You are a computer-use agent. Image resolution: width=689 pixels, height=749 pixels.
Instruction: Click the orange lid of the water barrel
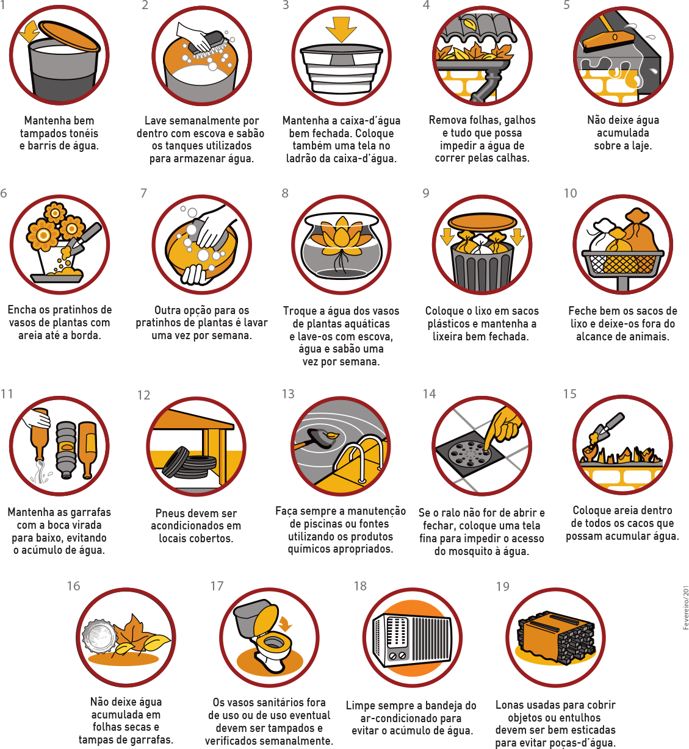[x=69, y=35]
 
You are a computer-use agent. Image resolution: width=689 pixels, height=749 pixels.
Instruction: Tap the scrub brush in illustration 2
[x=210, y=44]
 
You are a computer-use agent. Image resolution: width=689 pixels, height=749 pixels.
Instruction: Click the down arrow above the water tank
[x=341, y=29]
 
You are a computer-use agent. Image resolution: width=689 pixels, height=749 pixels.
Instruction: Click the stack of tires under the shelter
[x=189, y=463]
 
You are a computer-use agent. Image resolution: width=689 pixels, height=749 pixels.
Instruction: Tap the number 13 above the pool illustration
[x=288, y=394]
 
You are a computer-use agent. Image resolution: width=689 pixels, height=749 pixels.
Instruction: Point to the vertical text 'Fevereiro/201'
[x=685, y=607]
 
